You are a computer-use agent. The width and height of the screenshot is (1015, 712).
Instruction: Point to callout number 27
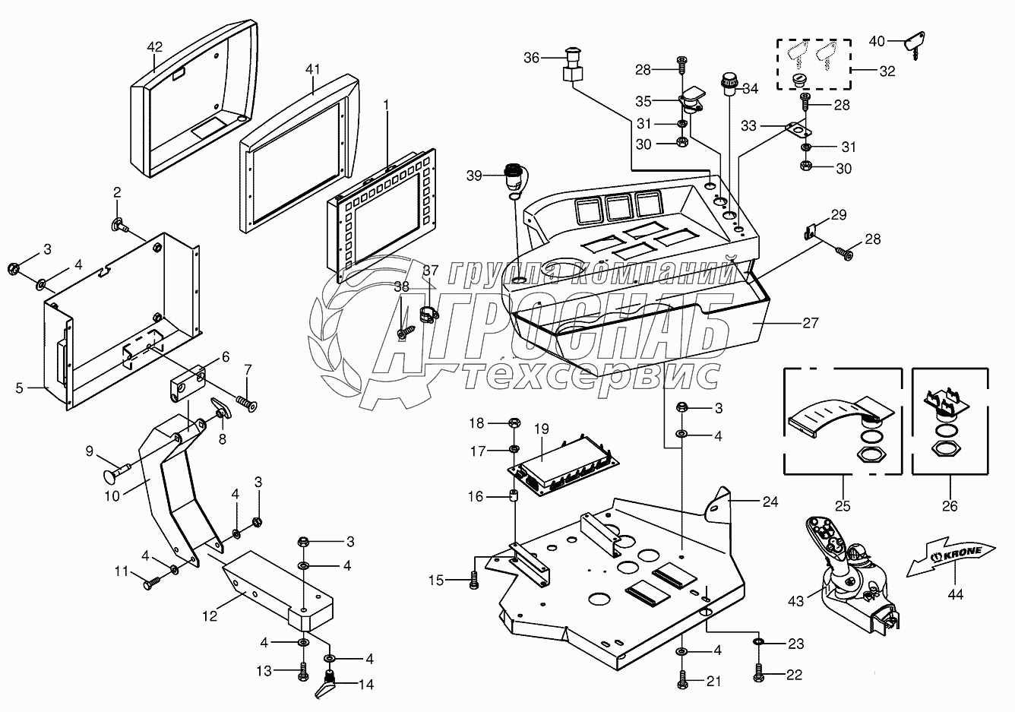tap(811, 323)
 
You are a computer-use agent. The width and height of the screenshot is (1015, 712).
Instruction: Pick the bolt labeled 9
tap(116, 472)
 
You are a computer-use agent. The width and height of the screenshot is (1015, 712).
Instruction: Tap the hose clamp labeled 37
tap(428, 314)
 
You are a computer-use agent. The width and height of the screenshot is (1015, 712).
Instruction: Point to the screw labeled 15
tap(473, 581)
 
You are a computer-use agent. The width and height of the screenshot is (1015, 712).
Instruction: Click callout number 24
tap(770, 502)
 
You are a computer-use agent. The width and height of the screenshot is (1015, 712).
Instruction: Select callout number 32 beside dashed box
tap(887, 71)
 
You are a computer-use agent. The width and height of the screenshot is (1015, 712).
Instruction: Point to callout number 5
tap(19, 388)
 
